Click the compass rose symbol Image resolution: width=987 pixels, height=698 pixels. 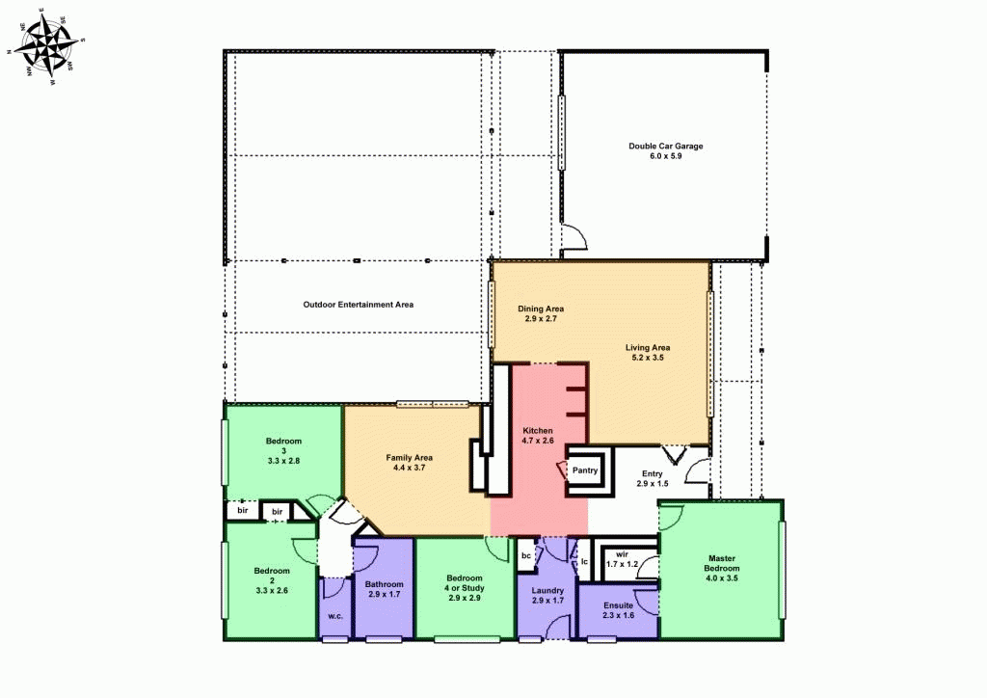[x=46, y=46]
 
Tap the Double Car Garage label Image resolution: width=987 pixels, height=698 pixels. [x=666, y=150]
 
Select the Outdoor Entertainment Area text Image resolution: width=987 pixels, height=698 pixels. [x=358, y=305]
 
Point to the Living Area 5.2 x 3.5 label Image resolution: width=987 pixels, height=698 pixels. [x=647, y=352]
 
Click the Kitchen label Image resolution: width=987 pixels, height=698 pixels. [x=537, y=435]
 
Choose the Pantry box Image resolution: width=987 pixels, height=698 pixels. [x=585, y=470]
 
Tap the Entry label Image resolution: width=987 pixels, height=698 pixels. [x=652, y=478]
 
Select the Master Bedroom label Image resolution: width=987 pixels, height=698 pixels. [x=721, y=564]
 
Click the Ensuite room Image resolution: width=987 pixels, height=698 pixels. [x=617, y=610]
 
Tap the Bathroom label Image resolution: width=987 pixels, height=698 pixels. [x=384, y=589]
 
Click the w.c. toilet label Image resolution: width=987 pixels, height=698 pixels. [x=334, y=616]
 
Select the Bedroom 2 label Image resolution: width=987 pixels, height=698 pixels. [x=271, y=579]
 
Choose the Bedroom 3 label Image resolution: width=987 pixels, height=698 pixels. [x=283, y=451]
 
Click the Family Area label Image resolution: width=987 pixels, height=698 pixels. [x=409, y=462]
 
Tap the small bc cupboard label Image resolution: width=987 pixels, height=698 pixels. [x=526, y=556]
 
